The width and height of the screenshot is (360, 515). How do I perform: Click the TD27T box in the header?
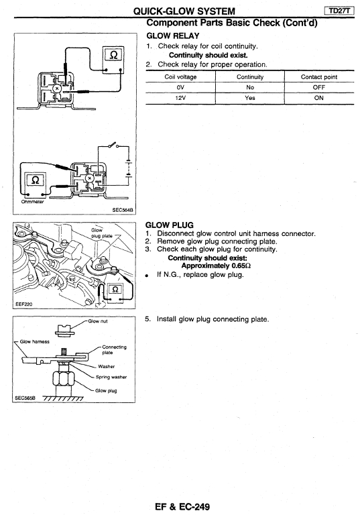tap(339, 11)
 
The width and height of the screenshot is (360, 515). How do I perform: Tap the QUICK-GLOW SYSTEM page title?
tap(184, 11)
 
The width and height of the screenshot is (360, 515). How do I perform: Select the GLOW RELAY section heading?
tap(173, 36)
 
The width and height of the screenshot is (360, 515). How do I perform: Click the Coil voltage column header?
tap(180, 77)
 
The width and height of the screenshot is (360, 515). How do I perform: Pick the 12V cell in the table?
tap(180, 98)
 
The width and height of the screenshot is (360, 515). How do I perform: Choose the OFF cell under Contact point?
tap(318, 87)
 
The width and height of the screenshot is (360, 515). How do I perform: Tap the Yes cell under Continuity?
tap(249, 98)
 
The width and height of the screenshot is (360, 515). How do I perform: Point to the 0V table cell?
tap(180, 87)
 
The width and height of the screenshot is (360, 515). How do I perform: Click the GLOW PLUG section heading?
tap(170, 225)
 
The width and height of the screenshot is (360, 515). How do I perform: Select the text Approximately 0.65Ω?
tap(216, 266)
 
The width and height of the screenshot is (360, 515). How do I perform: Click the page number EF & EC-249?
tap(182, 506)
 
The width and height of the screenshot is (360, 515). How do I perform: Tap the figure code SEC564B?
tap(123, 210)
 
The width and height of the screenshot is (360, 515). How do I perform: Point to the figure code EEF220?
tap(24, 304)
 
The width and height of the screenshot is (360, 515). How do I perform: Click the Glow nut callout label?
tap(98, 321)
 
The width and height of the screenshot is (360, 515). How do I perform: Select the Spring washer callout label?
tap(111, 377)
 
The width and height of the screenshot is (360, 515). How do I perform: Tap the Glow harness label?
tap(34, 341)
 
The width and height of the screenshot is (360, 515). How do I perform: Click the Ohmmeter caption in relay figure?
tap(32, 202)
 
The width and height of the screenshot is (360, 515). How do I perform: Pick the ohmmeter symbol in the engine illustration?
tap(115, 290)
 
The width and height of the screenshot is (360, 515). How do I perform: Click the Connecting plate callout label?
tap(114, 349)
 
